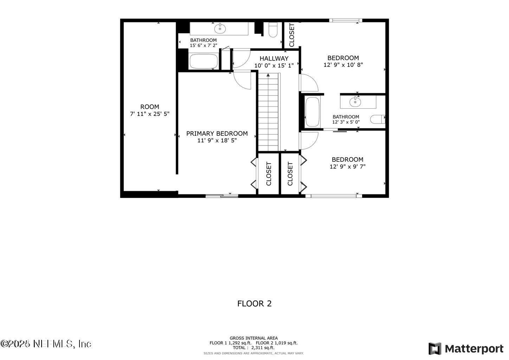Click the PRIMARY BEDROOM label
[217, 134]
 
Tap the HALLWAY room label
[274, 58]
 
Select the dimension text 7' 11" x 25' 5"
[150, 114]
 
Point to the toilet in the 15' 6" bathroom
[273, 30]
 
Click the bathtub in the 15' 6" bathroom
[204, 62]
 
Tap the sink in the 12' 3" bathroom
[355, 102]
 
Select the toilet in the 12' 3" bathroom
[378, 120]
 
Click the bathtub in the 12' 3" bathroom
[312, 112]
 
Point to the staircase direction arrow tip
[269, 75]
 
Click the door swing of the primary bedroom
[242, 80]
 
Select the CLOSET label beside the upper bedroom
[292, 35]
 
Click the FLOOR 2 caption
[254, 303]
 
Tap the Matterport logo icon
[435, 348]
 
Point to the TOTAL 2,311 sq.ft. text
[253, 348]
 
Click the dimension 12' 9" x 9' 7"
[347, 167]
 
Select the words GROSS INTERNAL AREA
[253, 338]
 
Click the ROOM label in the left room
[150, 107]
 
